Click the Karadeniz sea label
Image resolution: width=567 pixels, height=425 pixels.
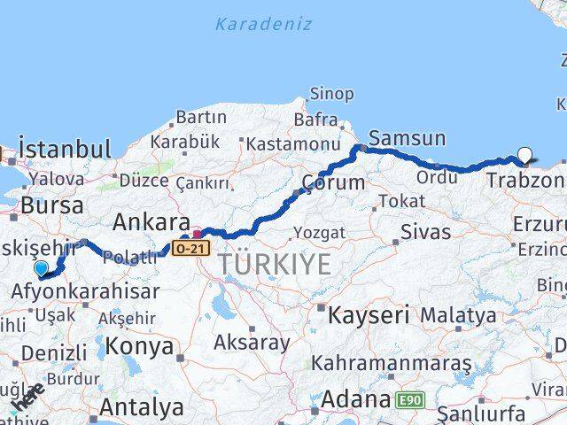coord(263,24)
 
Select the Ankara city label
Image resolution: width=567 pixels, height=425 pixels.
coord(151,222)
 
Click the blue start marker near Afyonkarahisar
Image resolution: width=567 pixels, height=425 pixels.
coord(41,268)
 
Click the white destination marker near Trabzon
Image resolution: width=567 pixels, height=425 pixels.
coord(524,156)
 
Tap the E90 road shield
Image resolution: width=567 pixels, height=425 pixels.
coord(411,401)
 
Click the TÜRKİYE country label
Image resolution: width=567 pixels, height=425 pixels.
coord(275,264)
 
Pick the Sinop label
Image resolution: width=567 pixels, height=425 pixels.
coord(331,94)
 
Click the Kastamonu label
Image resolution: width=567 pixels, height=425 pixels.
coord(293,143)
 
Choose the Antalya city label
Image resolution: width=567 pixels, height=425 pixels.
coord(142,408)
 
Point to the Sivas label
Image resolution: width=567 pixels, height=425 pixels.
coord(425,233)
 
